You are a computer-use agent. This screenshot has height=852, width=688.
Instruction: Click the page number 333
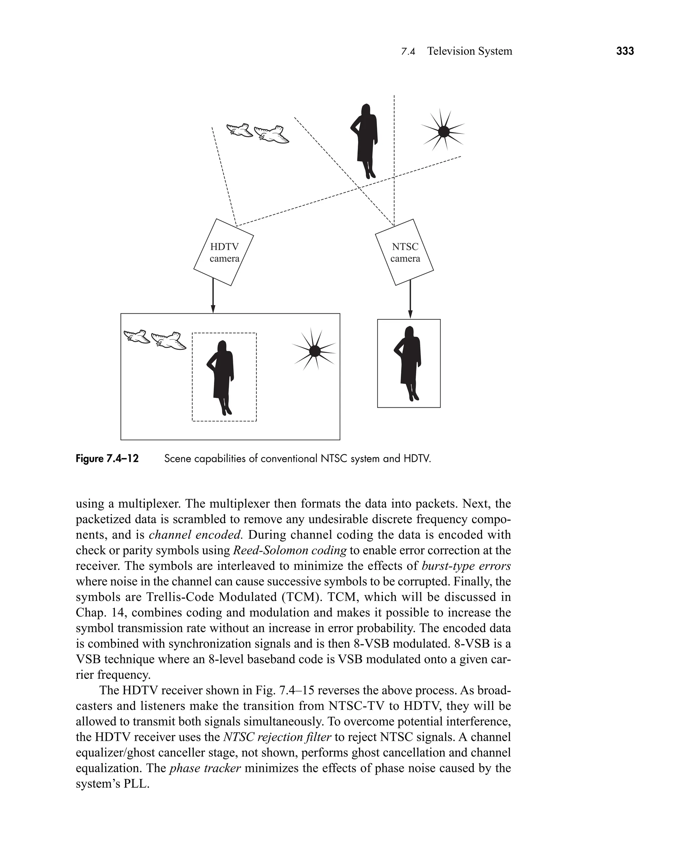(625, 51)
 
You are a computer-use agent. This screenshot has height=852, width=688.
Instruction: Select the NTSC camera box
(404, 252)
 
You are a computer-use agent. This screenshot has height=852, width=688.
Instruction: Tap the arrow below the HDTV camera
(213, 295)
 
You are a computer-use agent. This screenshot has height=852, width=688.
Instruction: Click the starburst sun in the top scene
(443, 131)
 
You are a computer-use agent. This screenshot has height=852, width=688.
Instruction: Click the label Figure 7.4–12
(107, 459)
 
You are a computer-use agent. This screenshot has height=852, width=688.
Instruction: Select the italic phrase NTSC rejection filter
(277, 737)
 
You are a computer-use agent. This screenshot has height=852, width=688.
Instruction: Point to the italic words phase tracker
(205, 768)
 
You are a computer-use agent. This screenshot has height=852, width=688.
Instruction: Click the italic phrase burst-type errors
(466, 566)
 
